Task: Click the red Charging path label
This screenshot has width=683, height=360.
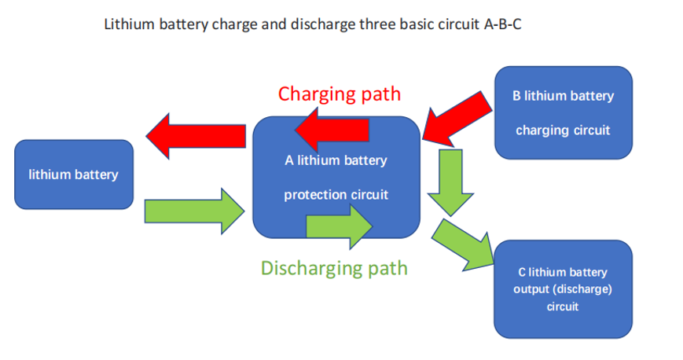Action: (x=339, y=94)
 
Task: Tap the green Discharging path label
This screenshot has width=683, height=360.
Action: (x=334, y=268)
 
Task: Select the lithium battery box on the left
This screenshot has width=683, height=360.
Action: (x=74, y=174)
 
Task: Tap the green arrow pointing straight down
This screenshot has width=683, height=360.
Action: (x=452, y=180)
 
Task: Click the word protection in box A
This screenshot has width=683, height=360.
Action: (x=310, y=194)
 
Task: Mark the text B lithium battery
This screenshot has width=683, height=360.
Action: (x=563, y=96)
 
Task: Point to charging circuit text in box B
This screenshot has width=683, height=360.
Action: (x=563, y=130)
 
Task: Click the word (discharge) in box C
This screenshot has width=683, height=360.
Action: (x=582, y=289)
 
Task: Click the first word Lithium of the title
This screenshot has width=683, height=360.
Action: (x=126, y=24)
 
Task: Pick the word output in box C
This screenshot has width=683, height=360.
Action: (x=531, y=289)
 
